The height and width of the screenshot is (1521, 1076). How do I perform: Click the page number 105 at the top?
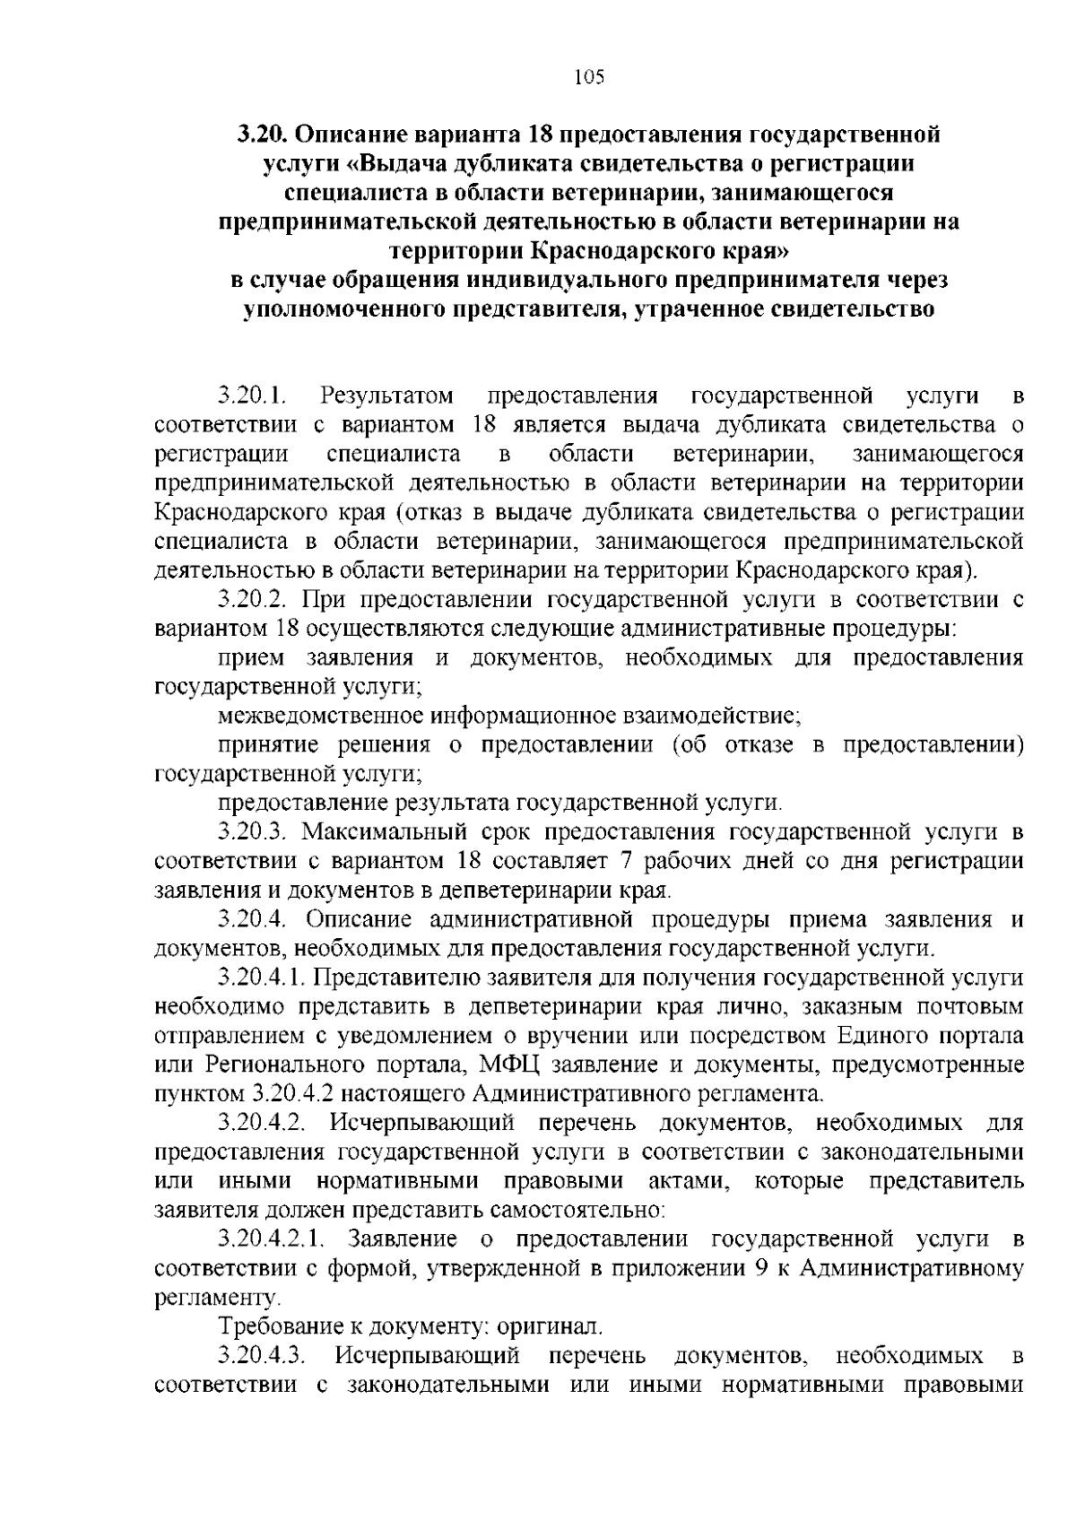pos(589,76)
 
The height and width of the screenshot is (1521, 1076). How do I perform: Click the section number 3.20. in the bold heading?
pos(261,135)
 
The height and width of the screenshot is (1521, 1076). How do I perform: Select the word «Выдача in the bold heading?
pos(418,164)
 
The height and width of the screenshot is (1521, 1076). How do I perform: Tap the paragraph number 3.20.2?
pos(254,599)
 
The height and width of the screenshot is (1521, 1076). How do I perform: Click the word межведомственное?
pos(321,716)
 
